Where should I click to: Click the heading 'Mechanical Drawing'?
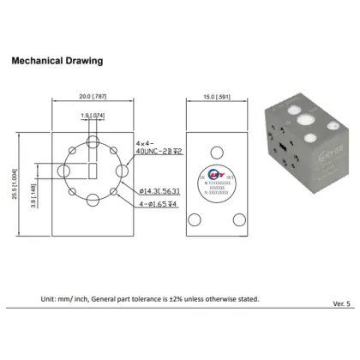(56, 62)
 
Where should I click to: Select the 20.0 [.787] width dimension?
(92, 97)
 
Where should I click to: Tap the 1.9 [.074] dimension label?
(92, 116)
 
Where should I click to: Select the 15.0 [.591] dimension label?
(213, 97)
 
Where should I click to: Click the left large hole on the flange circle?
(63, 171)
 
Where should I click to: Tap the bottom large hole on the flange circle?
(92, 201)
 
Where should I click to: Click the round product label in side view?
(213, 172)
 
